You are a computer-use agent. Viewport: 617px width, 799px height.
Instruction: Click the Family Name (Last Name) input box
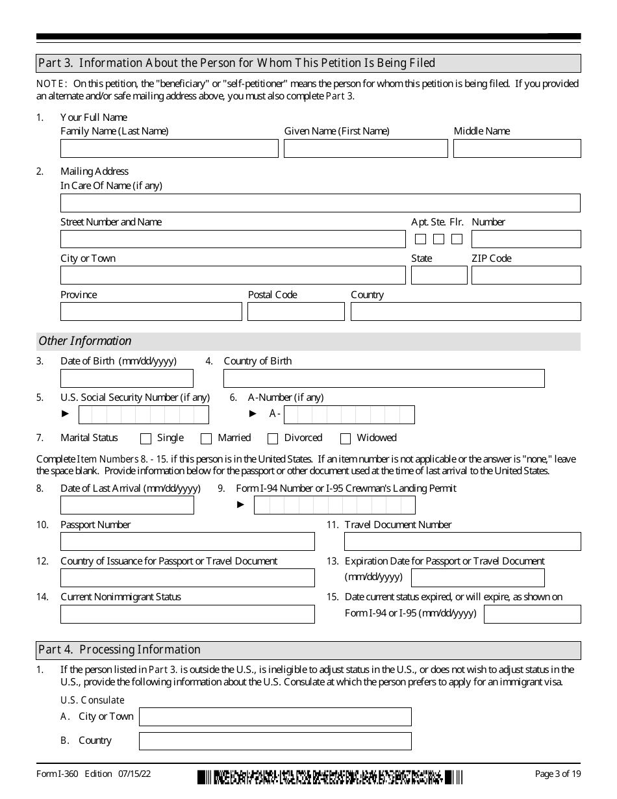[169, 149]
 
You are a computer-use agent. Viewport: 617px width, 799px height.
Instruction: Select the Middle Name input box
[516, 149]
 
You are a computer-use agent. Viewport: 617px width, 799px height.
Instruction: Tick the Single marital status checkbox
[145, 438]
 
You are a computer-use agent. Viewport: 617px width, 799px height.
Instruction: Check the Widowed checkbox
[346, 438]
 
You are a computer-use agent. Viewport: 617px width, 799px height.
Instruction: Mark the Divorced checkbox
[273, 438]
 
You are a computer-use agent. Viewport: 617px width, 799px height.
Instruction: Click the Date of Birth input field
[127, 378]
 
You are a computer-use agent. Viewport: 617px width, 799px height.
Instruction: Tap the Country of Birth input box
[383, 378]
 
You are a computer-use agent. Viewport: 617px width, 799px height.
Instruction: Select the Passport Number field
[187, 541]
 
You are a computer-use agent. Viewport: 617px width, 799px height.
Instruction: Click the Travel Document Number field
[462, 541]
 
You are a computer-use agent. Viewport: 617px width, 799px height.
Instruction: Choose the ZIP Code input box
[525, 275]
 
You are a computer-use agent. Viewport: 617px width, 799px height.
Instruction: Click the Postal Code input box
[296, 312]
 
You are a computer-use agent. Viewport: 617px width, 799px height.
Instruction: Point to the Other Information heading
[85, 341]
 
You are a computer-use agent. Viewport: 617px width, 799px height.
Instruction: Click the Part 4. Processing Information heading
[120, 650]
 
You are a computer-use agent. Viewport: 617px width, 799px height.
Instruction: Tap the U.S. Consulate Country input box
[275, 741]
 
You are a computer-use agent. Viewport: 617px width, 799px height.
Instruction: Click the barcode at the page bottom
[330, 777]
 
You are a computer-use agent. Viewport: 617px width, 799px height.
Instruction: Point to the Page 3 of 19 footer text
[557, 774]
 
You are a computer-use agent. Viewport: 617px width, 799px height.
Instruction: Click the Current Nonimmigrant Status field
[187, 614]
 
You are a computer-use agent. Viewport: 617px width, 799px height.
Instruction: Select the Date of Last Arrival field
[127, 505]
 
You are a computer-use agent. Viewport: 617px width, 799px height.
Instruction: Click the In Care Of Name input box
[320, 203]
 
